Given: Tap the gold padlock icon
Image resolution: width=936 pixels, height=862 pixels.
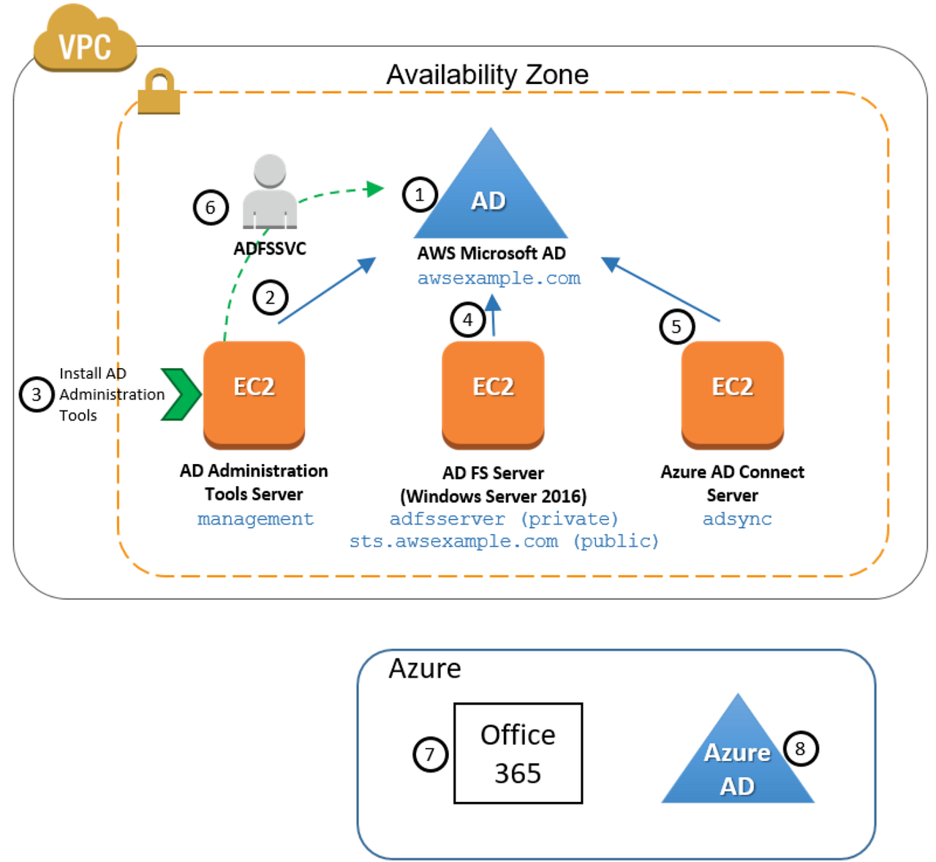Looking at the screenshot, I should coord(159,93).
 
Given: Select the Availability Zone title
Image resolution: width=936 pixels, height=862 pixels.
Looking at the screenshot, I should coord(487,75).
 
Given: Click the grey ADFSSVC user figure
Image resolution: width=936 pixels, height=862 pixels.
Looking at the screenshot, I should coord(270,192).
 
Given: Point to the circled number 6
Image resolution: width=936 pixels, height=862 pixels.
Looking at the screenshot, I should coord(211,208).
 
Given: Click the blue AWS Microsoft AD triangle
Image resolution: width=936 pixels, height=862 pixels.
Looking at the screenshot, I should coord(491,194).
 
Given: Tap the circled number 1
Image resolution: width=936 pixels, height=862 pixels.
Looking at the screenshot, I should coord(420,195).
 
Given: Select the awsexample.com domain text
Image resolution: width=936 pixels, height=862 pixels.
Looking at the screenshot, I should coord(499,279).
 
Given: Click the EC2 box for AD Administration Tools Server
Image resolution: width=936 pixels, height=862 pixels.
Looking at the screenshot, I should coord(254,393).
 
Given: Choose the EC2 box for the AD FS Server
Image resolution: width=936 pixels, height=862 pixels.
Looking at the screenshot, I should coord(493,393).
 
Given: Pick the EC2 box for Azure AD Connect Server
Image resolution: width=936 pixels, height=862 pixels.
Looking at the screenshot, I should coord(732,393).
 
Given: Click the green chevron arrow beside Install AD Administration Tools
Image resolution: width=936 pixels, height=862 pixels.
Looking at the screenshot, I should coord(181,394).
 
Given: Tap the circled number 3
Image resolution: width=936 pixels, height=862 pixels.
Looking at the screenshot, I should coord(37,395).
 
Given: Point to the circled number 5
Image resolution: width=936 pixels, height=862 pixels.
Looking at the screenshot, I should coord(676,327).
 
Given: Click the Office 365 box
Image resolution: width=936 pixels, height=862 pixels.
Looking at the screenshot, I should coord(518,754).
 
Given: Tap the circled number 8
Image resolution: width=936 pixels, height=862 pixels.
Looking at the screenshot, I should coord(800,749).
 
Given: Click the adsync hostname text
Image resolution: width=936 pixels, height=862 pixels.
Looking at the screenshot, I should coord(736,519).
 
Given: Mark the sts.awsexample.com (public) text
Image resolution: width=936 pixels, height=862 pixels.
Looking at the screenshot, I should coord(504,541).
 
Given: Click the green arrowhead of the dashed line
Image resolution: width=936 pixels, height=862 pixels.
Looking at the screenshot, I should coord(375,189).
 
